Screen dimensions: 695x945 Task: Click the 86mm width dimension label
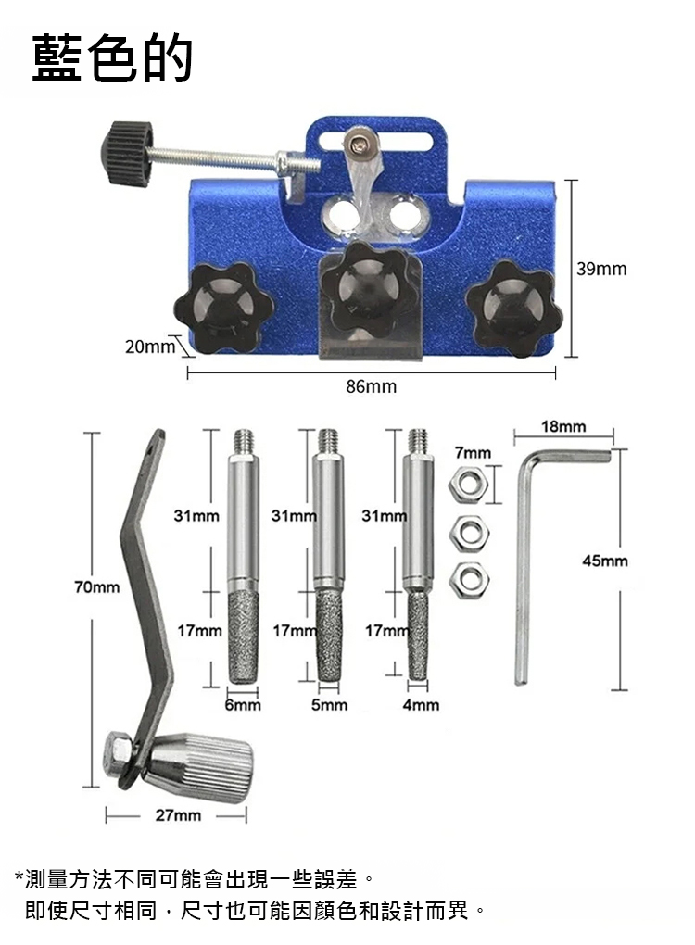pyautogui.click(x=372, y=385)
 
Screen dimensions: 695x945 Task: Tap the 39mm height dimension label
pyautogui.click(x=601, y=269)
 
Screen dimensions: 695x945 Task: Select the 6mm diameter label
pyautogui.click(x=243, y=704)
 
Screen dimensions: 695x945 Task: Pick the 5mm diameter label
pyautogui.click(x=329, y=704)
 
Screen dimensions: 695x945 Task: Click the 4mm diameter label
pyautogui.click(x=421, y=704)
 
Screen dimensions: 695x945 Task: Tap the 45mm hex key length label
pyautogui.click(x=604, y=561)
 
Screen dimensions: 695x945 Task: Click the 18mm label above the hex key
pyautogui.click(x=563, y=427)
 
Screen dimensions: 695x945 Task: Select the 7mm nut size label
pyautogui.click(x=474, y=453)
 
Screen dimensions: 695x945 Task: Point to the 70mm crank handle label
pyautogui.click(x=97, y=586)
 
